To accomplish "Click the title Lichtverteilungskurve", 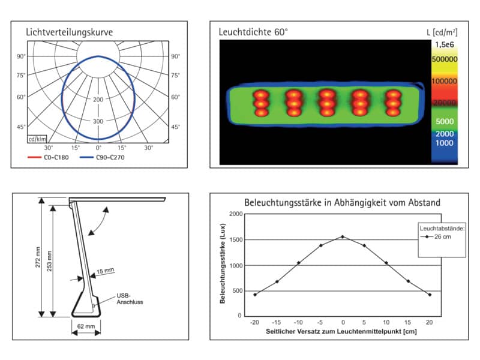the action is (x=69, y=32).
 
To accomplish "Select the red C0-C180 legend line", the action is (x=34, y=157).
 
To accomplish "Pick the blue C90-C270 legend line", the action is (x=86, y=157).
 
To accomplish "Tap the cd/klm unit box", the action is (x=37, y=139).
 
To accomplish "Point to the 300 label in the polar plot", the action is (x=98, y=121).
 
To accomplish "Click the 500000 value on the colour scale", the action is (x=445, y=59).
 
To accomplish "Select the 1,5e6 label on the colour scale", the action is (x=445, y=44).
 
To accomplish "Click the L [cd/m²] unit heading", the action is (x=442, y=32).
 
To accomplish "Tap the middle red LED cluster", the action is (x=327, y=103).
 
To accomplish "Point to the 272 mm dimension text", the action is (x=38, y=257).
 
